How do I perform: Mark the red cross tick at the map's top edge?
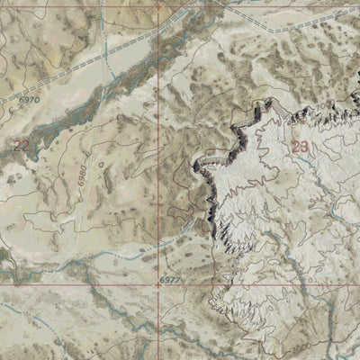[x=159, y=6]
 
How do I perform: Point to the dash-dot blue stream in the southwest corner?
[x=27, y=315]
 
